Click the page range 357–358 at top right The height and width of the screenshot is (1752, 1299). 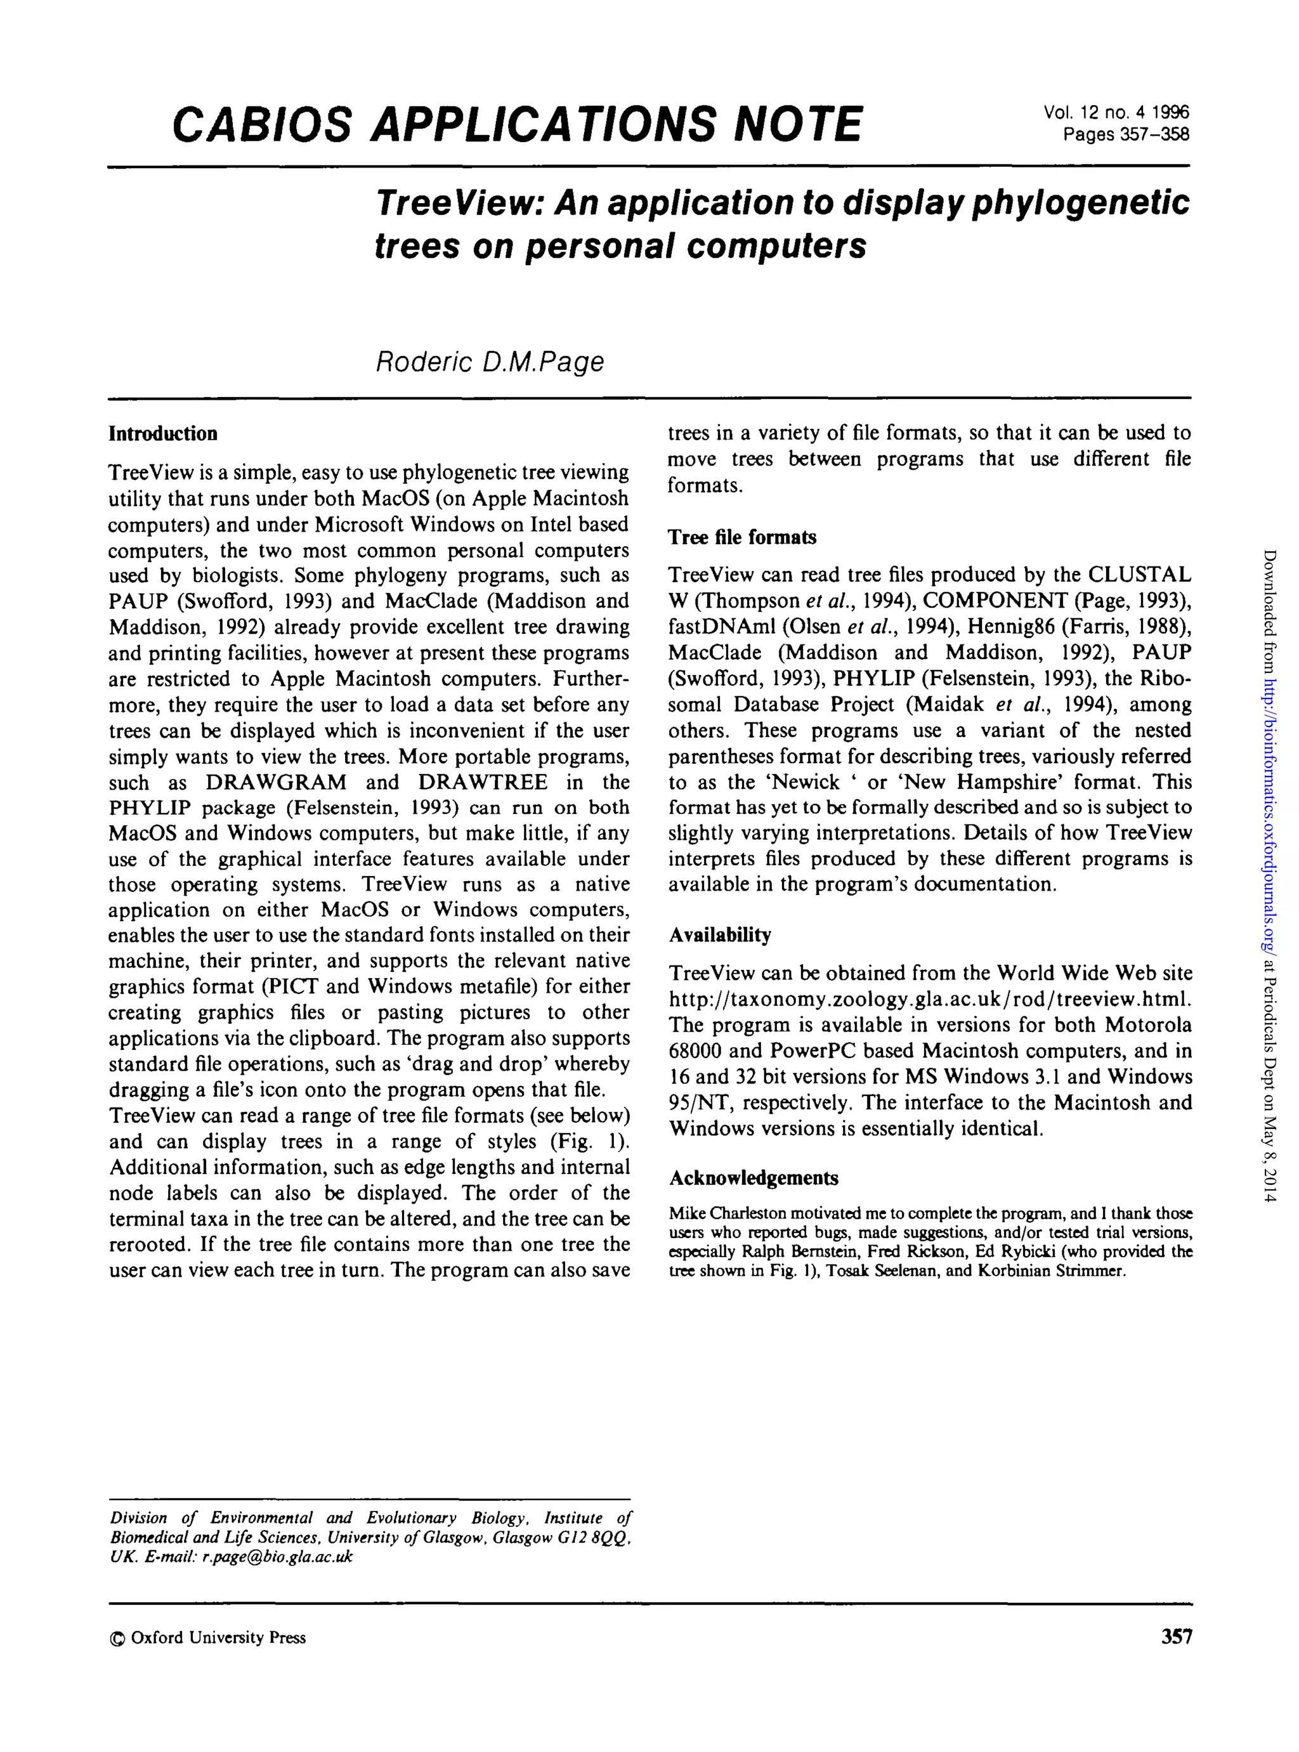tap(1125, 134)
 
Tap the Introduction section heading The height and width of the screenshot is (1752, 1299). tap(163, 434)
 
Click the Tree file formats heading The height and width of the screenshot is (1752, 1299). tap(741, 537)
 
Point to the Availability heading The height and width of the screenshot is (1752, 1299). tap(719, 935)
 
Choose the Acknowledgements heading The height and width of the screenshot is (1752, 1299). tap(754, 1178)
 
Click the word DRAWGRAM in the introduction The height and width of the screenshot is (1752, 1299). tap(276, 782)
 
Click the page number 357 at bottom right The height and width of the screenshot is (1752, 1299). tap(1175, 1637)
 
